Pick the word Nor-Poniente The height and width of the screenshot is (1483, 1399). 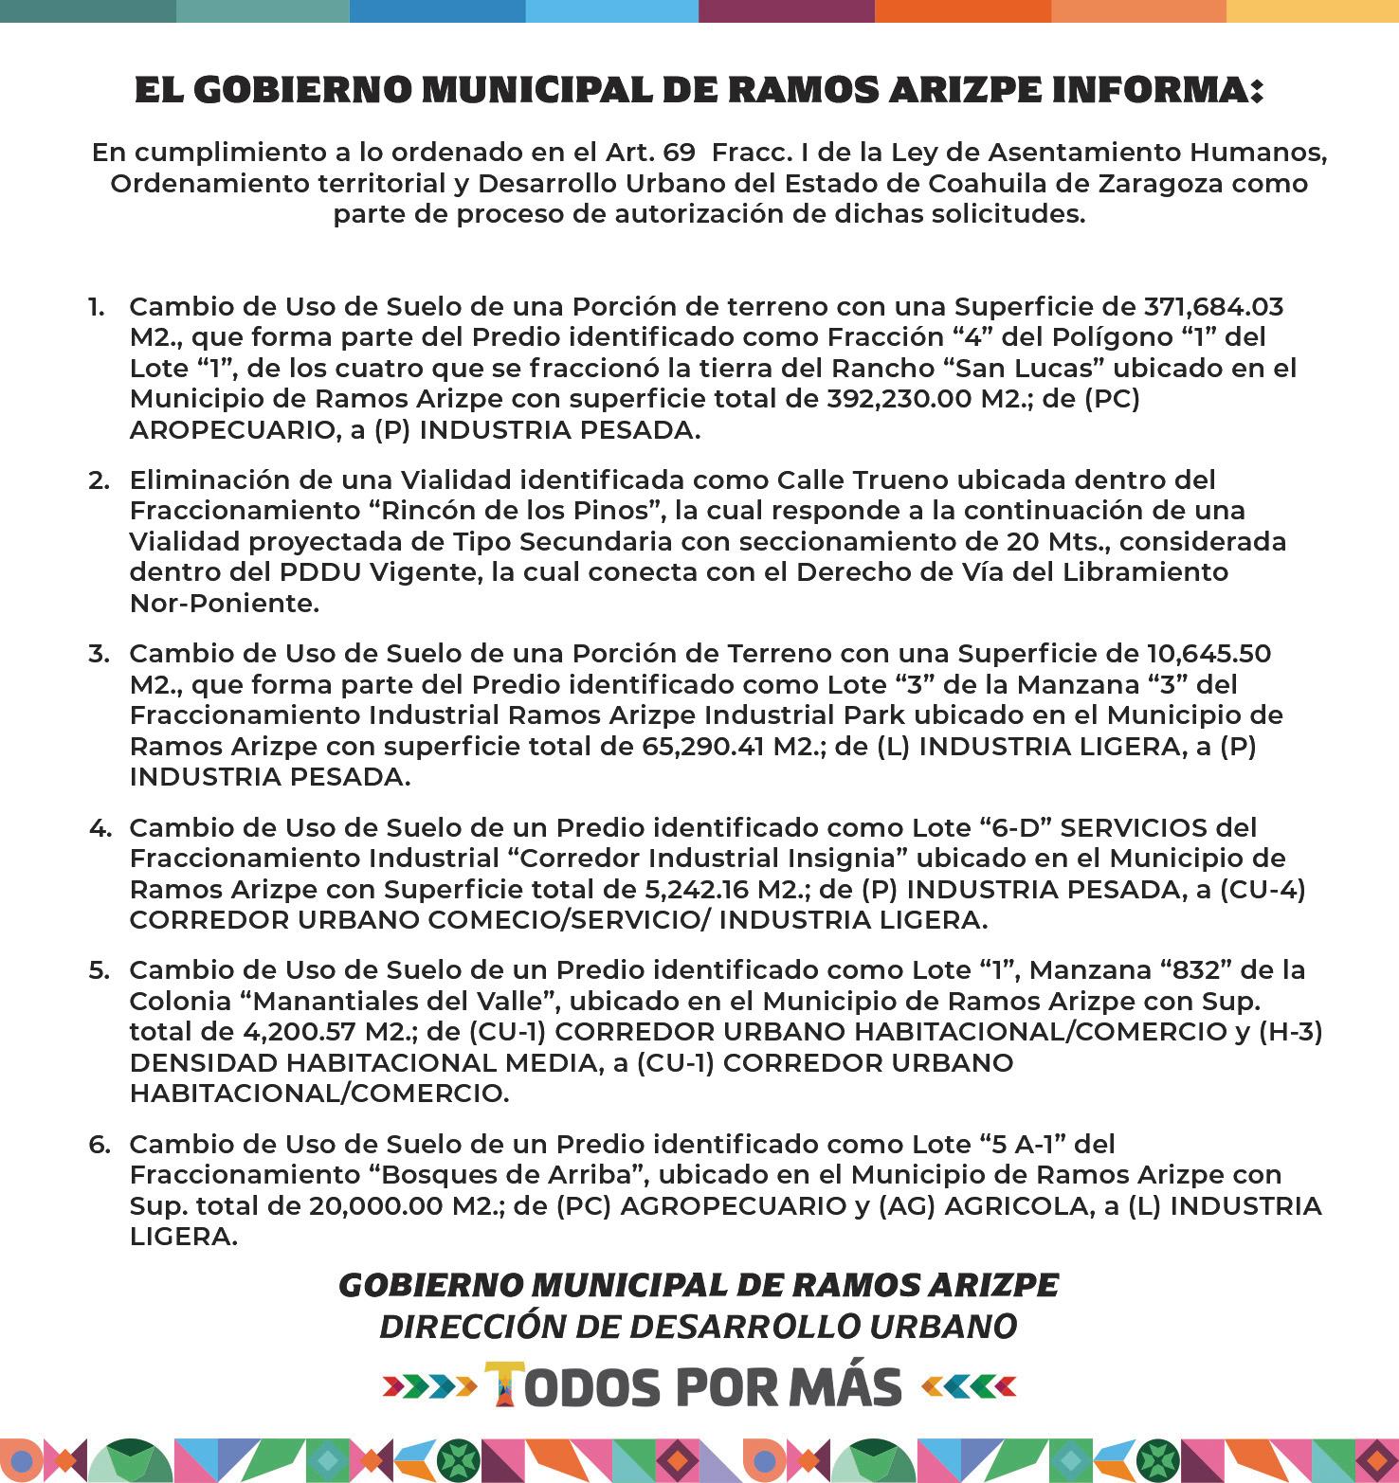224,603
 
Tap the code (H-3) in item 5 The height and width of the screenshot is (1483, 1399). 1290,1032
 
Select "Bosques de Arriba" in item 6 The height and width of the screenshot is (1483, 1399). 506,1175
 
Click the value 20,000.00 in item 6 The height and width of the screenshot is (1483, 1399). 375,1206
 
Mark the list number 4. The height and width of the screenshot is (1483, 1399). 99,827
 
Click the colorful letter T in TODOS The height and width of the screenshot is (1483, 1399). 505,1386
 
